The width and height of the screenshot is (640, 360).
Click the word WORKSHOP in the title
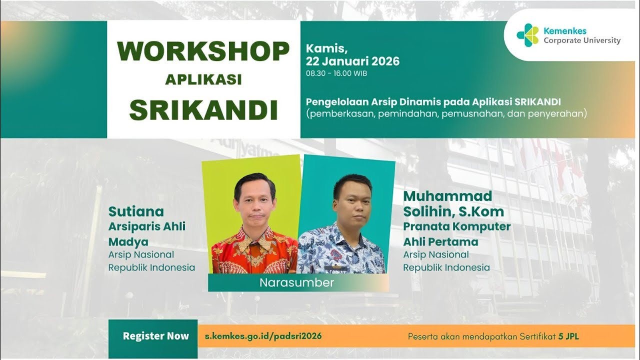(x=203, y=51)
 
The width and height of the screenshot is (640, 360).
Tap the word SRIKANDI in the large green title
(x=203, y=110)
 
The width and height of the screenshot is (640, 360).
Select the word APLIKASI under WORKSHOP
(x=203, y=79)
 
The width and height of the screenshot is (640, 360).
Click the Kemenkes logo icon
(x=528, y=35)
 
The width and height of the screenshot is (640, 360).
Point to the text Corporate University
(x=582, y=40)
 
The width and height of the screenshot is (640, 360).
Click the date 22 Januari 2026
(x=353, y=61)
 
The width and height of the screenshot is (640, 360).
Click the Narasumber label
(x=296, y=282)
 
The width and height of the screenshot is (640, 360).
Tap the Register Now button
(x=155, y=336)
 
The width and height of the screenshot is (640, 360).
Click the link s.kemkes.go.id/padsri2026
(x=263, y=336)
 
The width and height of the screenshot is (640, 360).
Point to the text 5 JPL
(x=568, y=336)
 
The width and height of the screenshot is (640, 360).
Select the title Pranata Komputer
(x=456, y=226)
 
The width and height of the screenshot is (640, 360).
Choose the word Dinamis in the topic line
(x=394, y=102)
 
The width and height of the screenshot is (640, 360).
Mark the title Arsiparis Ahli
(x=147, y=226)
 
